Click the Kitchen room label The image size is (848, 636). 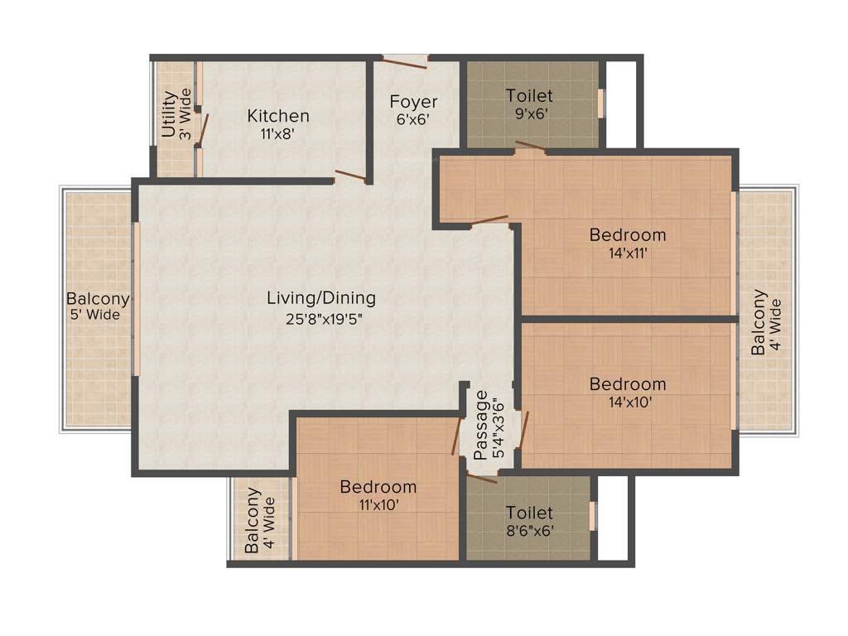point(278,116)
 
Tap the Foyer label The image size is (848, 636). point(413,102)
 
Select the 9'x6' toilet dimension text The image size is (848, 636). point(529,114)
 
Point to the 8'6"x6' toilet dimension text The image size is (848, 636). point(529,531)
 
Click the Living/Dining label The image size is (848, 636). point(320,297)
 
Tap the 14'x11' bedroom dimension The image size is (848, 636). point(627,253)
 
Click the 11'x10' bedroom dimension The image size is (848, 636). point(378,504)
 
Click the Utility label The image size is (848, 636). point(168,114)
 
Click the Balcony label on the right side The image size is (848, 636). point(759,322)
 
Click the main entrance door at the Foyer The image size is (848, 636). point(404,58)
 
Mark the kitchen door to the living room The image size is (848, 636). point(351,175)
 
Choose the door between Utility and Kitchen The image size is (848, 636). point(202,130)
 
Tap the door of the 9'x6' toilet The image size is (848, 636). point(530,147)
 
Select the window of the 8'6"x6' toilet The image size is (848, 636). point(593,514)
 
